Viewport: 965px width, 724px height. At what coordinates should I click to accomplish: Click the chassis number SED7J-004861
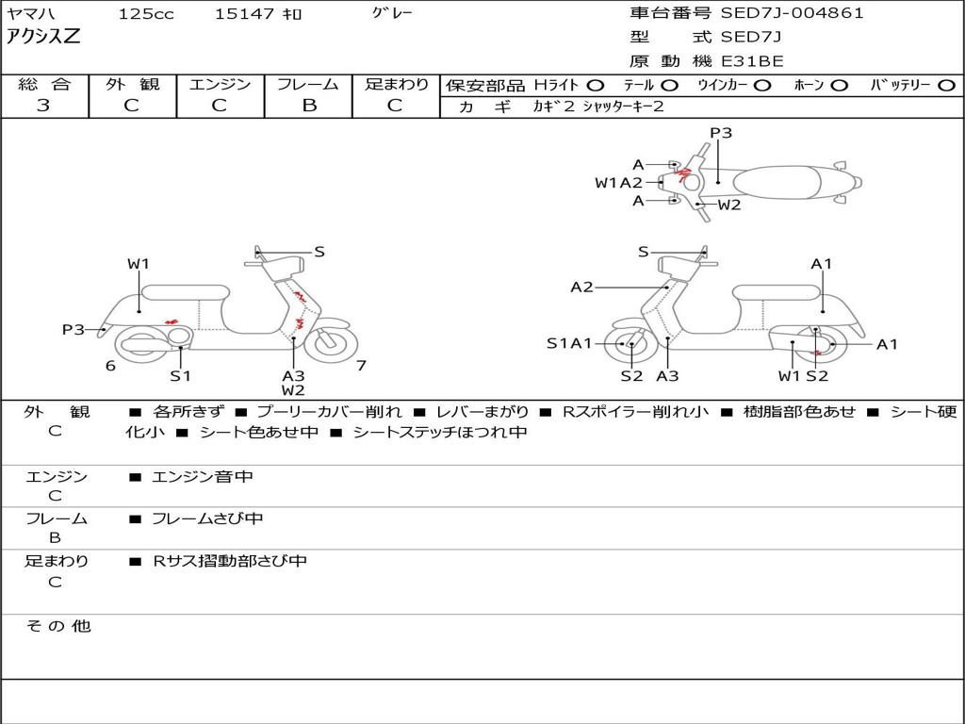click(792, 13)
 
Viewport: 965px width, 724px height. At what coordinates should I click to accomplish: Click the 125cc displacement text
click(146, 13)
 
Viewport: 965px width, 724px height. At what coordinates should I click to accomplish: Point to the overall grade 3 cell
click(43, 106)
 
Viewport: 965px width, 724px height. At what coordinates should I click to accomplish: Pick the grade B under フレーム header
click(309, 106)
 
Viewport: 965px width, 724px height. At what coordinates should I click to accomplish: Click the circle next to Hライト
click(596, 86)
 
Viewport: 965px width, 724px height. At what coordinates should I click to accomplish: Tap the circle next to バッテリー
click(946, 86)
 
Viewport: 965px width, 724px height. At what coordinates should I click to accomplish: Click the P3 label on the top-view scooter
click(721, 133)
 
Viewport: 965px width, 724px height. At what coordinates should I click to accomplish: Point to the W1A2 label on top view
click(618, 182)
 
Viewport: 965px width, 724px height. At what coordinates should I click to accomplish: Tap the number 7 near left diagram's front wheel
click(361, 366)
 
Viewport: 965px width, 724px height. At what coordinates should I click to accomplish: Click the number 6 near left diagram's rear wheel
click(110, 366)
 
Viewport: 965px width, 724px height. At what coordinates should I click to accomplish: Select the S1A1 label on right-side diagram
click(569, 343)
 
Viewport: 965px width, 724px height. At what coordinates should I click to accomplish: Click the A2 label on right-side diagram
click(581, 287)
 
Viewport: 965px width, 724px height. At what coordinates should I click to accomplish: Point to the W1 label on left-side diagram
click(139, 264)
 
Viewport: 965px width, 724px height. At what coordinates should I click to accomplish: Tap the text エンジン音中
click(203, 476)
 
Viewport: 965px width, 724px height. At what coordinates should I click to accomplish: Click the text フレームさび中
click(207, 518)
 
